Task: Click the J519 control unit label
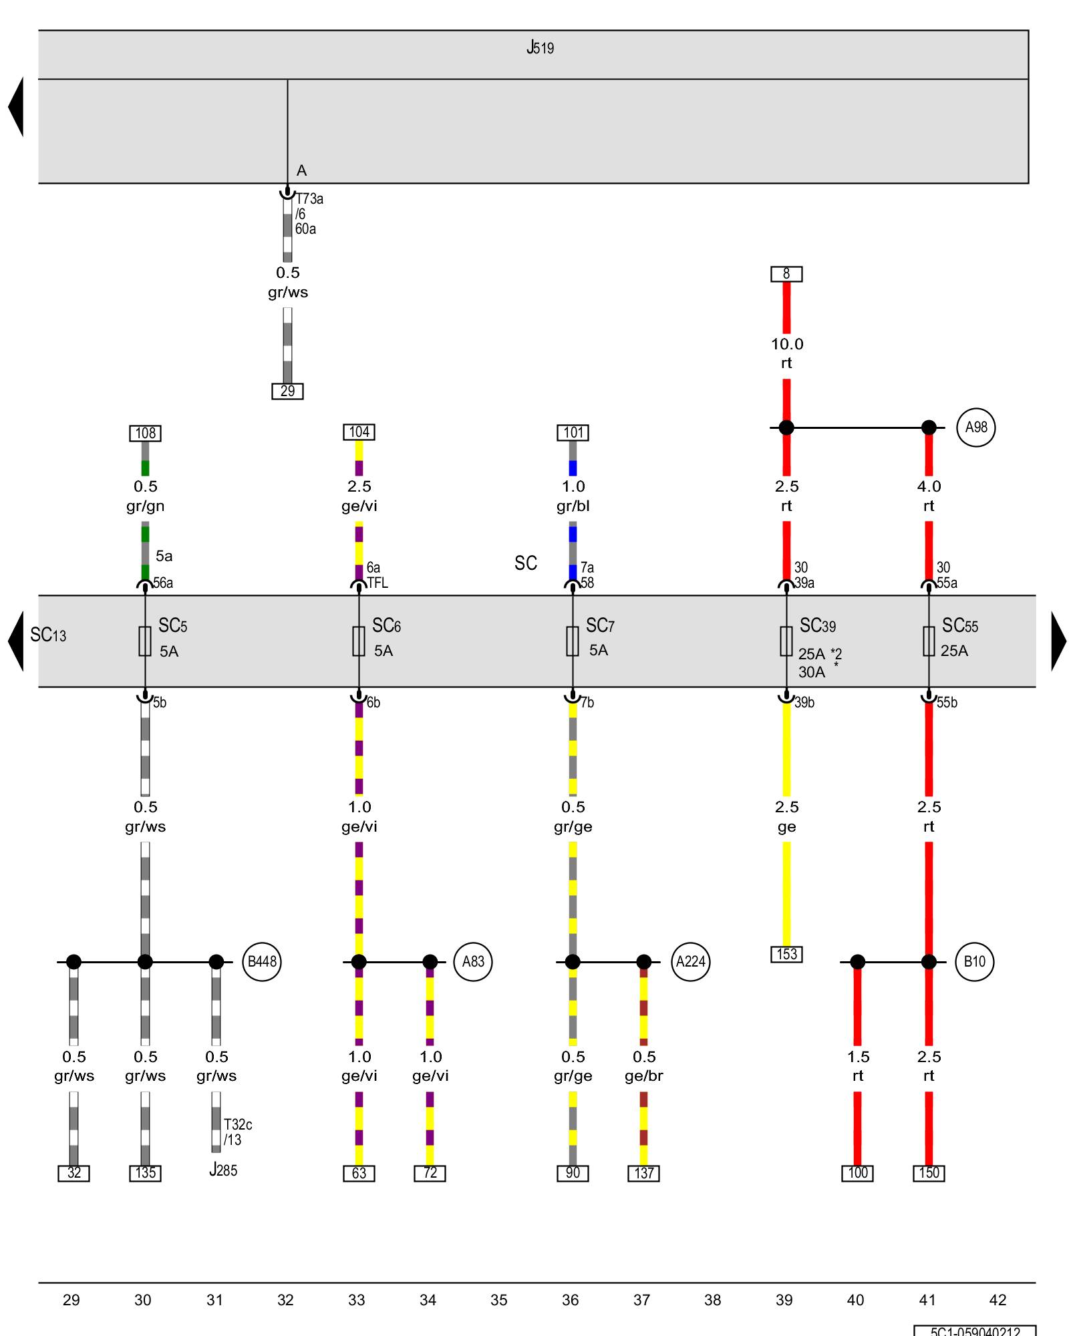(x=540, y=48)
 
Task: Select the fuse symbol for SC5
(x=145, y=641)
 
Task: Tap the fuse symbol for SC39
(x=786, y=641)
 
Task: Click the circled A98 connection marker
(x=976, y=428)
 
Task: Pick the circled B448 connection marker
(x=262, y=962)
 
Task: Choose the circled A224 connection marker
(x=690, y=962)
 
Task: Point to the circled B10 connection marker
(x=974, y=962)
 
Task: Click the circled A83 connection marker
(x=473, y=962)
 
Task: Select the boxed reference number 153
(x=786, y=955)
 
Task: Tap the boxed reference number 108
(x=146, y=434)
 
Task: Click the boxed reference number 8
(x=786, y=274)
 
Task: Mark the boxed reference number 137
(x=644, y=1173)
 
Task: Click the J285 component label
(x=223, y=1170)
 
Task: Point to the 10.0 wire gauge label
(x=787, y=345)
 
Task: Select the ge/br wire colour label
(x=644, y=1076)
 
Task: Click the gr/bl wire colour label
(x=573, y=506)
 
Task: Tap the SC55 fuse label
(x=960, y=626)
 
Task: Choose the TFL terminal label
(x=377, y=583)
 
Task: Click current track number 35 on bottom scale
(x=499, y=1300)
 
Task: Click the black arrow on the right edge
(x=1058, y=641)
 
